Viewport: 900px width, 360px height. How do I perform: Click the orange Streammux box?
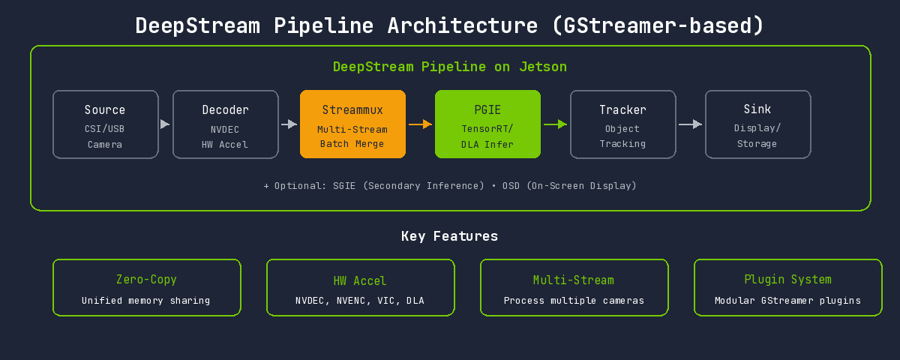(x=352, y=124)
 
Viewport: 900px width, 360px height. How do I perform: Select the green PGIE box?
(x=487, y=124)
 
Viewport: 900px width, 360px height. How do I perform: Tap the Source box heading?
(x=105, y=110)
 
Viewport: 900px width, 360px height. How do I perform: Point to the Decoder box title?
(x=225, y=110)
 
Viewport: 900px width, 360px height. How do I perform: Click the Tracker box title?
(x=622, y=110)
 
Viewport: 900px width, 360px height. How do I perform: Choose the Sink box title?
(x=757, y=110)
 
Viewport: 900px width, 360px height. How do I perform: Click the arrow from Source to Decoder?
(x=165, y=124)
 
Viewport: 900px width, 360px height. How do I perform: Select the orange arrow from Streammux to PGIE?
(x=420, y=124)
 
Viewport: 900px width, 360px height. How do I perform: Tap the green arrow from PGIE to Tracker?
(x=555, y=124)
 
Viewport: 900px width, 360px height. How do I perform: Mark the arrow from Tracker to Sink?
(x=690, y=124)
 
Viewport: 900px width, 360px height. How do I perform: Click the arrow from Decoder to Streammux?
(x=289, y=124)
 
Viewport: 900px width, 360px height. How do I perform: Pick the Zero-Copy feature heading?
(x=146, y=280)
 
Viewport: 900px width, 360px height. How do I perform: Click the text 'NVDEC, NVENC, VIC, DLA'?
(x=360, y=301)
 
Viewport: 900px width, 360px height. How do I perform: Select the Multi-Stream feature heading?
(x=574, y=280)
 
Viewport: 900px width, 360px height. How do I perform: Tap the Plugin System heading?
(x=787, y=280)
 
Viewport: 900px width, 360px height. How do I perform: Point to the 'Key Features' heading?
(x=449, y=236)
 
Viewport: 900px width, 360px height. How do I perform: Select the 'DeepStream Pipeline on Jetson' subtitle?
(x=450, y=67)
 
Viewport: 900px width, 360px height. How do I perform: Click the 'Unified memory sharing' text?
(x=146, y=301)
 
